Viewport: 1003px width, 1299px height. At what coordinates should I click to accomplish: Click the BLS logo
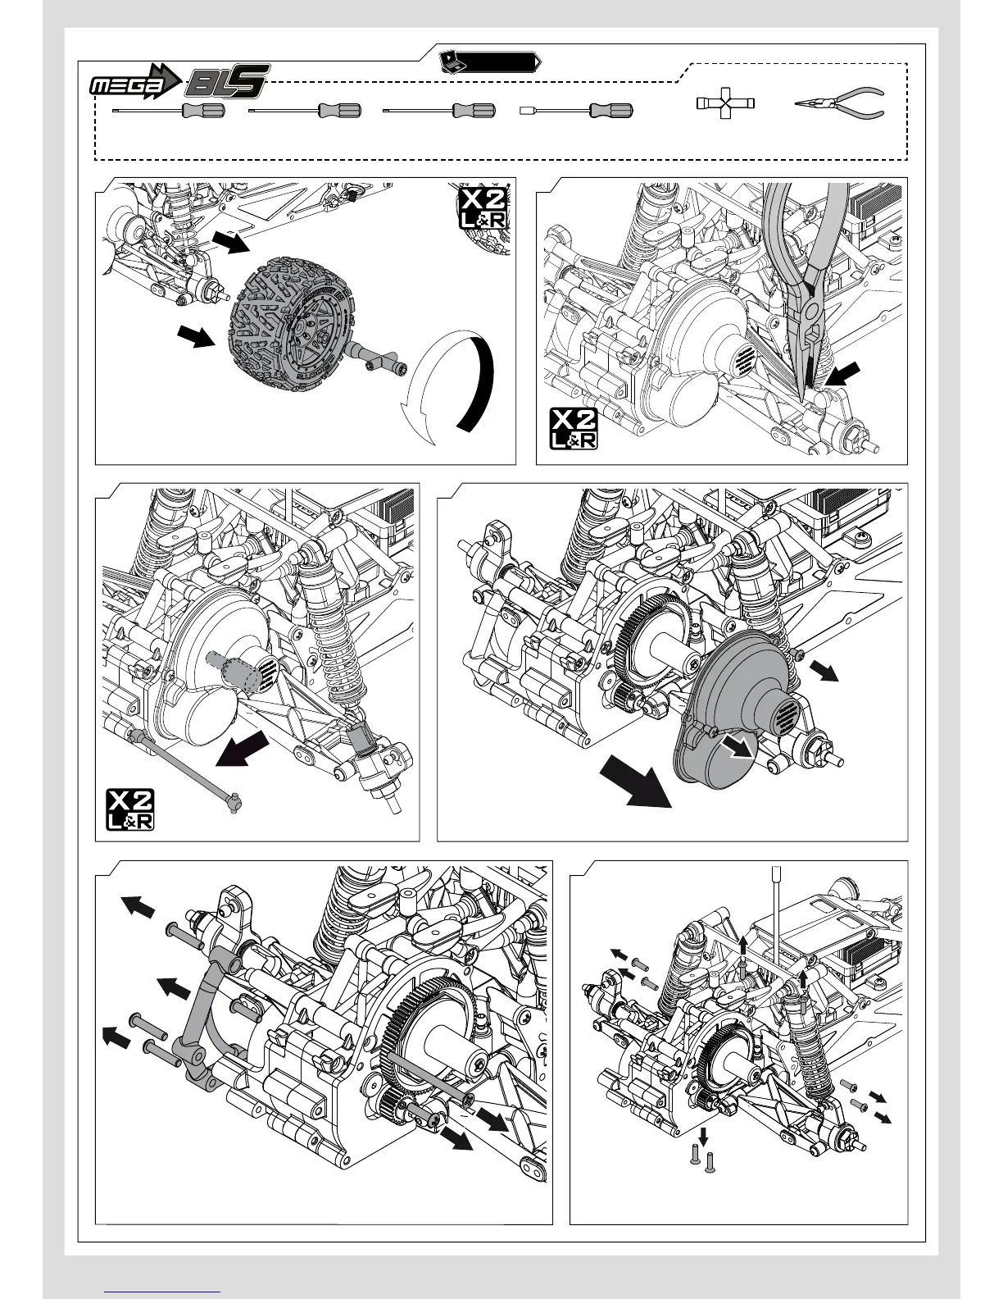[x=228, y=83]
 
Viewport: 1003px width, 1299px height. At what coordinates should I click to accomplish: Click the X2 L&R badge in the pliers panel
[x=573, y=429]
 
